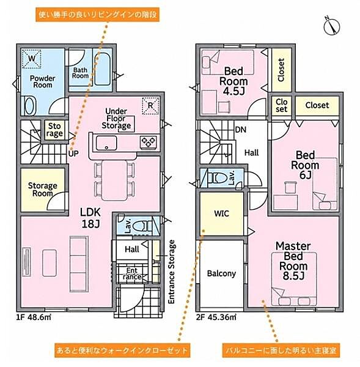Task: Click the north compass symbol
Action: (332, 26)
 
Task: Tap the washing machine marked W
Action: (32, 59)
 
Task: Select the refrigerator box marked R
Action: (150, 106)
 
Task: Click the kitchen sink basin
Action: (106, 143)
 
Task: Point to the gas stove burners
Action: (149, 142)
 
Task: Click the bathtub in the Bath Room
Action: (102, 69)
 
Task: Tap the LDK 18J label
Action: (90, 218)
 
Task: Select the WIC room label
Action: (221, 213)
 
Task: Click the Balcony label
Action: (221, 273)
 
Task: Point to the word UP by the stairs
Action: (73, 154)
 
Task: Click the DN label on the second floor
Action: (241, 130)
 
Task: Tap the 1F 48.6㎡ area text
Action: (34, 317)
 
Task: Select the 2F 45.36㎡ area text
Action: (216, 317)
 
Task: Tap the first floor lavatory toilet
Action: (142, 226)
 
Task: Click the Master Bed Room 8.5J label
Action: (293, 261)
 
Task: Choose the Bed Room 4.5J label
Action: (233, 81)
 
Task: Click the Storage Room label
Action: (43, 190)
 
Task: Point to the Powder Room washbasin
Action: (30, 106)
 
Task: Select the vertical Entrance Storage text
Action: (172, 272)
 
